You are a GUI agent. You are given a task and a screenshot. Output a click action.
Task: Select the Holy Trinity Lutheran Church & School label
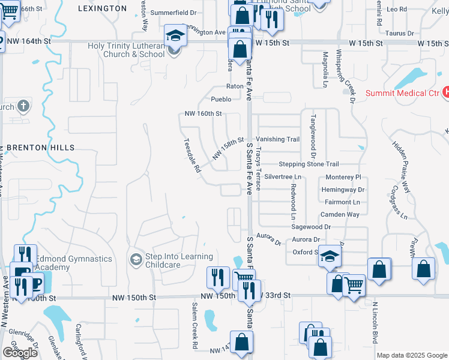[x=126, y=50]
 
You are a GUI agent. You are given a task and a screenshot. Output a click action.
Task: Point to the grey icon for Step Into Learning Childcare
[x=136, y=259]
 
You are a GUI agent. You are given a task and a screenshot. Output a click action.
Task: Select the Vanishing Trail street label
[x=278, y=139]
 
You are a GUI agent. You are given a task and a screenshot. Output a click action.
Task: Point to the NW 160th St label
[x=203, y=113]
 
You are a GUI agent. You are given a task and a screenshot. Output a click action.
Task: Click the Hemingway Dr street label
[x=343, y=190]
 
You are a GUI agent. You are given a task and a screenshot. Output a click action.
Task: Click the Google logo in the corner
[x=20, y=353]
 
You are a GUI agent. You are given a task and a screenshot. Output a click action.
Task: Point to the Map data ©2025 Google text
[x=411, y=355]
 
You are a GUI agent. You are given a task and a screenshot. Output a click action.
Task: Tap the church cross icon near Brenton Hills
[x=23, y=107]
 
